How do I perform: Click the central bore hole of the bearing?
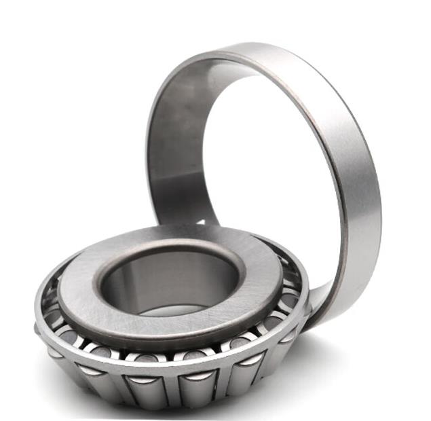click(170, 285)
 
